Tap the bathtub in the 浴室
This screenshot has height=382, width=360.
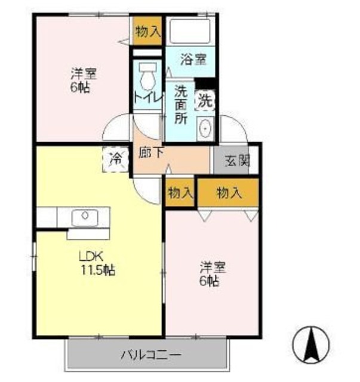click(190, 30)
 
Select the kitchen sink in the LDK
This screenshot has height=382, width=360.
click(81, 217)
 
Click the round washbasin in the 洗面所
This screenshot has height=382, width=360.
click(205, 128)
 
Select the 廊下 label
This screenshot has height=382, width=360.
click(151, 153)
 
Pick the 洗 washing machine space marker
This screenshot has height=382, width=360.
click(205, 100)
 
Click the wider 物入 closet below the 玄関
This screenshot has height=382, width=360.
click(229, 193)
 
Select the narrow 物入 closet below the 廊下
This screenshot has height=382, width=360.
click(180, 193)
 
